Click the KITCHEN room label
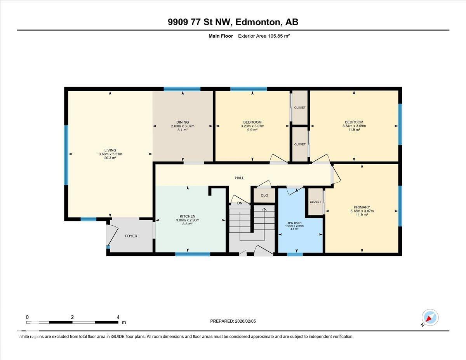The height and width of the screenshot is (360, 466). [x=188, y=216]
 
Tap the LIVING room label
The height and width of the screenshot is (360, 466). [x=110, y=150]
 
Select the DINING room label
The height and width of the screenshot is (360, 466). [x=183, y=122]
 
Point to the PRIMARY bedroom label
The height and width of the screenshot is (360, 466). [x=362, y=207]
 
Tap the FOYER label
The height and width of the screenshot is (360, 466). [x=131, y=236]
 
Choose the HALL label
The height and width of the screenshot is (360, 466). [x=240, y=178]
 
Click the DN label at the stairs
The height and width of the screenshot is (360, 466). [x=240, y=203]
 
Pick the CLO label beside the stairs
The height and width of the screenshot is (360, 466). [x=264, y=195]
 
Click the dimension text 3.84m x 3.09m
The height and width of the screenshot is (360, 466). [x=354, y=126]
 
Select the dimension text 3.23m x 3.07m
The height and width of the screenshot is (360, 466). [x=252, y=126]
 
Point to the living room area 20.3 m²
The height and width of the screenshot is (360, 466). [x=110, y=158]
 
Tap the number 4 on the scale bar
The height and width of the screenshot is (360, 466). [x=118, y=317]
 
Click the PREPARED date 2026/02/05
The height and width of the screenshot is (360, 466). [x=245, y=321]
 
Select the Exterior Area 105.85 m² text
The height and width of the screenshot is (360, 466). [x=264, y=36]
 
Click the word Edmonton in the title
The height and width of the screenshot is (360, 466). [x=258, y=22]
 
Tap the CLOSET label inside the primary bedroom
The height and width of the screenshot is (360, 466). [x=315, y=202]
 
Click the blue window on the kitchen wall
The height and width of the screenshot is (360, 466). [x=193, y=254]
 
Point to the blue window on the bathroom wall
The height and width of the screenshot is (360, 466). [x=295, y=254]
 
